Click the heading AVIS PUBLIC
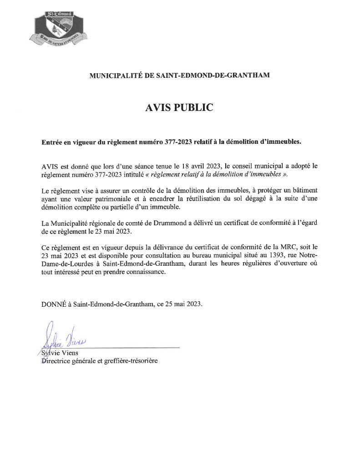point(179,107)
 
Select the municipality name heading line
point(179,75)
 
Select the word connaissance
point(143,273)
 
